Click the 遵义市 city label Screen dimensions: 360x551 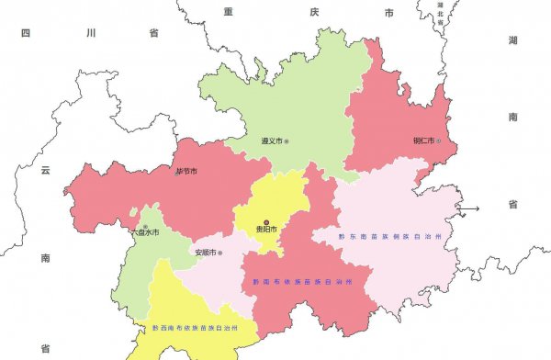tap(270, 141)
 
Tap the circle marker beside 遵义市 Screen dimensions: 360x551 tap(287, 141)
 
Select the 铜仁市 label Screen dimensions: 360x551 tap(423, 141)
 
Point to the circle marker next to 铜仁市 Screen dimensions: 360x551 tap(439, 141)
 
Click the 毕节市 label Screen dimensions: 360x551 tap(186, 171)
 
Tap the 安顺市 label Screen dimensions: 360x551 tap(205, 253)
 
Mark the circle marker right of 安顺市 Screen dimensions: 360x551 tap(221, 253)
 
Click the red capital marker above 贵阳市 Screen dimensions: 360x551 tap(266, 221)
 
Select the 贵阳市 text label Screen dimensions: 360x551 tap(266, 230)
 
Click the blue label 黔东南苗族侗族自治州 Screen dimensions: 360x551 tap(390, 237)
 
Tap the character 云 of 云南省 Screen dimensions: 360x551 tap(43, 170)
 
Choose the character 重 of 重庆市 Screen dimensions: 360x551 tap(229, 12)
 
